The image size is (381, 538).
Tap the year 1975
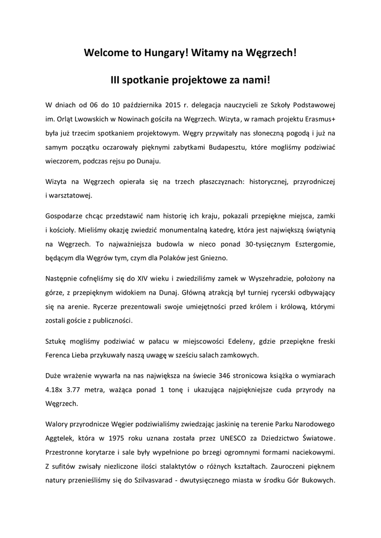pyautogui.click(x=147, y=438)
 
